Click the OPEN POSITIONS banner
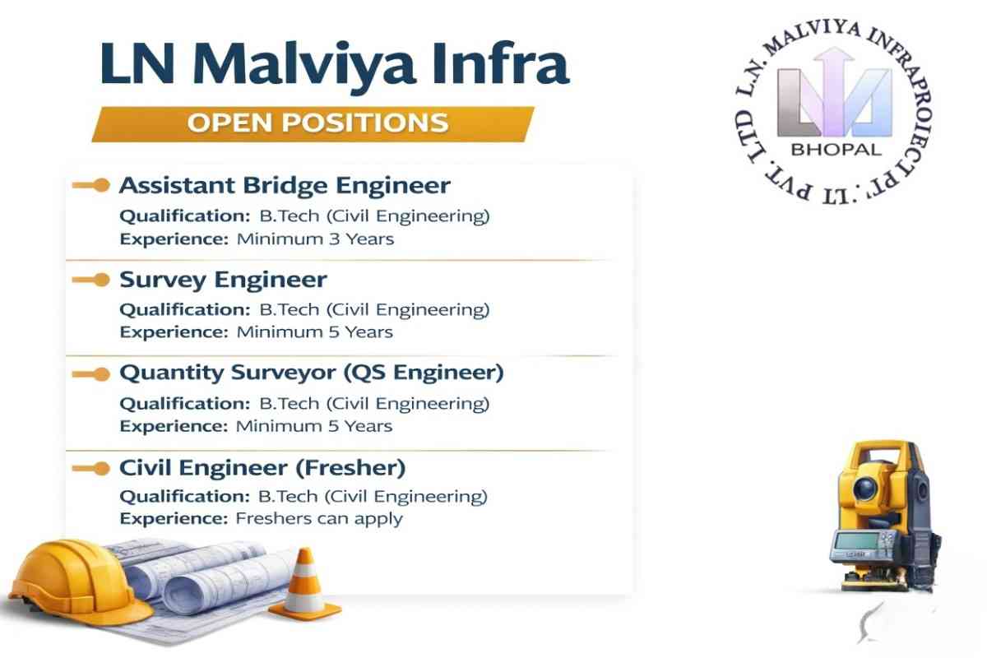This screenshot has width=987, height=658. click(x=317, y=123)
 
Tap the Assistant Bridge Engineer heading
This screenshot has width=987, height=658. click(x=285, y=185)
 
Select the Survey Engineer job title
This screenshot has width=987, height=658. click(x=223, y=280)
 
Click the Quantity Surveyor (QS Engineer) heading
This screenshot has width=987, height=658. click(x=312, y=373)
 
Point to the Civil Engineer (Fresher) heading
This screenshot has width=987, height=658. click(x=262, y=468)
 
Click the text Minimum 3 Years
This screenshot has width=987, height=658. click(x=315, y=239)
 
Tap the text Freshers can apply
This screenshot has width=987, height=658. click(x=319, y=519)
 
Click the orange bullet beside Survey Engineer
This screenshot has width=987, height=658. click(x=100, y=280)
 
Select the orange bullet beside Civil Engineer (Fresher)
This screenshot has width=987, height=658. click(x=100, y=469)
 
